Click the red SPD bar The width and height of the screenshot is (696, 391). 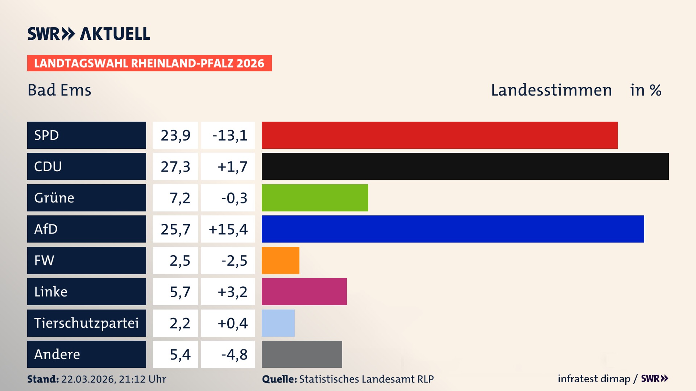tap(439, 135)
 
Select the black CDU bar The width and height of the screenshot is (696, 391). tap(465, 166)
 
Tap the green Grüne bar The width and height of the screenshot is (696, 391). tap(315, 198)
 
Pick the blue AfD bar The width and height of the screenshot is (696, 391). tap(453, 229)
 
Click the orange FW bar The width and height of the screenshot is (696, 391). tap(280, 260)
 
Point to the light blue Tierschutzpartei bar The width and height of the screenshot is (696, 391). tap(278, 323)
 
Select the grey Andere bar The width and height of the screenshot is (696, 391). tap(302, 354)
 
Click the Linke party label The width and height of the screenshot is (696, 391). tap(51, 291)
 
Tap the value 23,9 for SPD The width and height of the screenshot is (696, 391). tap(175, 135)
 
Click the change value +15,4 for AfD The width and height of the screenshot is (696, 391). tap(228, 229)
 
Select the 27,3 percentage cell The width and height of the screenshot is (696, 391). tap(175, 167)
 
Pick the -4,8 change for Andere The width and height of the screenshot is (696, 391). tap(234, 354)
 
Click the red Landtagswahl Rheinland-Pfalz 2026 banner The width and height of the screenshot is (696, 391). tap(149, 63)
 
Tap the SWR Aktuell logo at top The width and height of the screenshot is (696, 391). tap(89, 34)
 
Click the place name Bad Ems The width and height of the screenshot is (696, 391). tap(59, 90)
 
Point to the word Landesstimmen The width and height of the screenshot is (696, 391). tap(551, 90)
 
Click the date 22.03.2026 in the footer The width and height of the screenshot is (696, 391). tap(88, 379)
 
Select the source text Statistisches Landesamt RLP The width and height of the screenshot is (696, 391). tap(366, 379)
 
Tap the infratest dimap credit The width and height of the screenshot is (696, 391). tap(593, 379)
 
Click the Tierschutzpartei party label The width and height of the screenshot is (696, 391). tap(86, 323)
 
